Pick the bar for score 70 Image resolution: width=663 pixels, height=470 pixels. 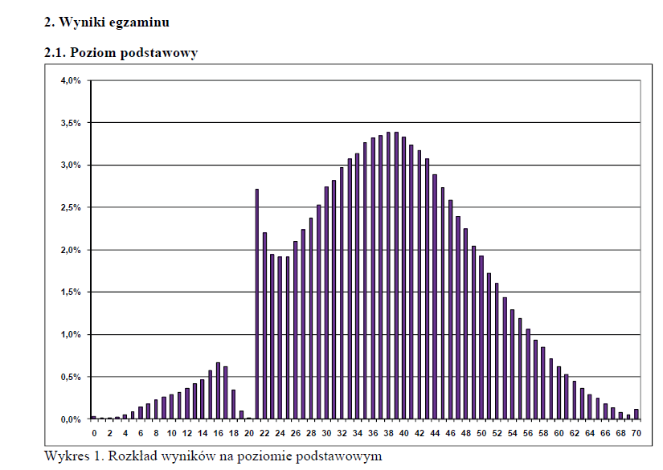click(x=636, y=414)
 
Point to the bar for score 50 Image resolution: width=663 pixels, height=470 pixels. click(x=481, y=337)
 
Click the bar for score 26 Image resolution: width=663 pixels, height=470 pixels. click(x=295, y=329)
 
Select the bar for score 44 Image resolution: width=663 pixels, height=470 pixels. click(x=435, y=296)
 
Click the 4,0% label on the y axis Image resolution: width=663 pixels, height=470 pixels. click(x=71, y=80)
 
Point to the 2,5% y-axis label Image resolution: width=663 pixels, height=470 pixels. click(x=71, y=207)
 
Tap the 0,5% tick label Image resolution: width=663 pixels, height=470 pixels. click(x=71, y=377)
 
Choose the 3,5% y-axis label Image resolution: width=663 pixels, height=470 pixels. click(x=71, y=123)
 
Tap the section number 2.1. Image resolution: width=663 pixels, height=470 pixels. click(x=55, y=53)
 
